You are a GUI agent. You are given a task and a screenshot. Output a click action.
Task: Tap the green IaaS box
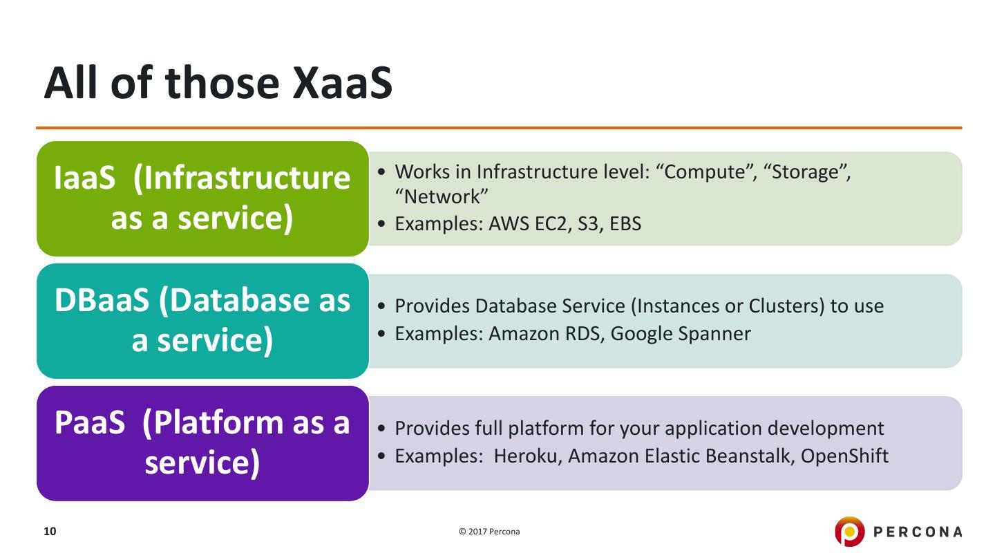[202, 198]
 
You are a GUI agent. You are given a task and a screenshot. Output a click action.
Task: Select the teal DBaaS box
[202, 321]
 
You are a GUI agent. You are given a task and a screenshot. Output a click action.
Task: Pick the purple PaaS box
[202, 443]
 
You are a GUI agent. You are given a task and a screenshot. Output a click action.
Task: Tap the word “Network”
[442, 197]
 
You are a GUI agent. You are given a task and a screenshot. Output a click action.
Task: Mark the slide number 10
[50, 532]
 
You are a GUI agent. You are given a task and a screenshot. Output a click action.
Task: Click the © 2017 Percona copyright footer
[489, 532]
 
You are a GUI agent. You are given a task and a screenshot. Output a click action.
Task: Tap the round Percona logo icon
[849, 532]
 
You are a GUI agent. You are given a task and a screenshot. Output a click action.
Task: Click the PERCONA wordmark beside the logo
[918, 532]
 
